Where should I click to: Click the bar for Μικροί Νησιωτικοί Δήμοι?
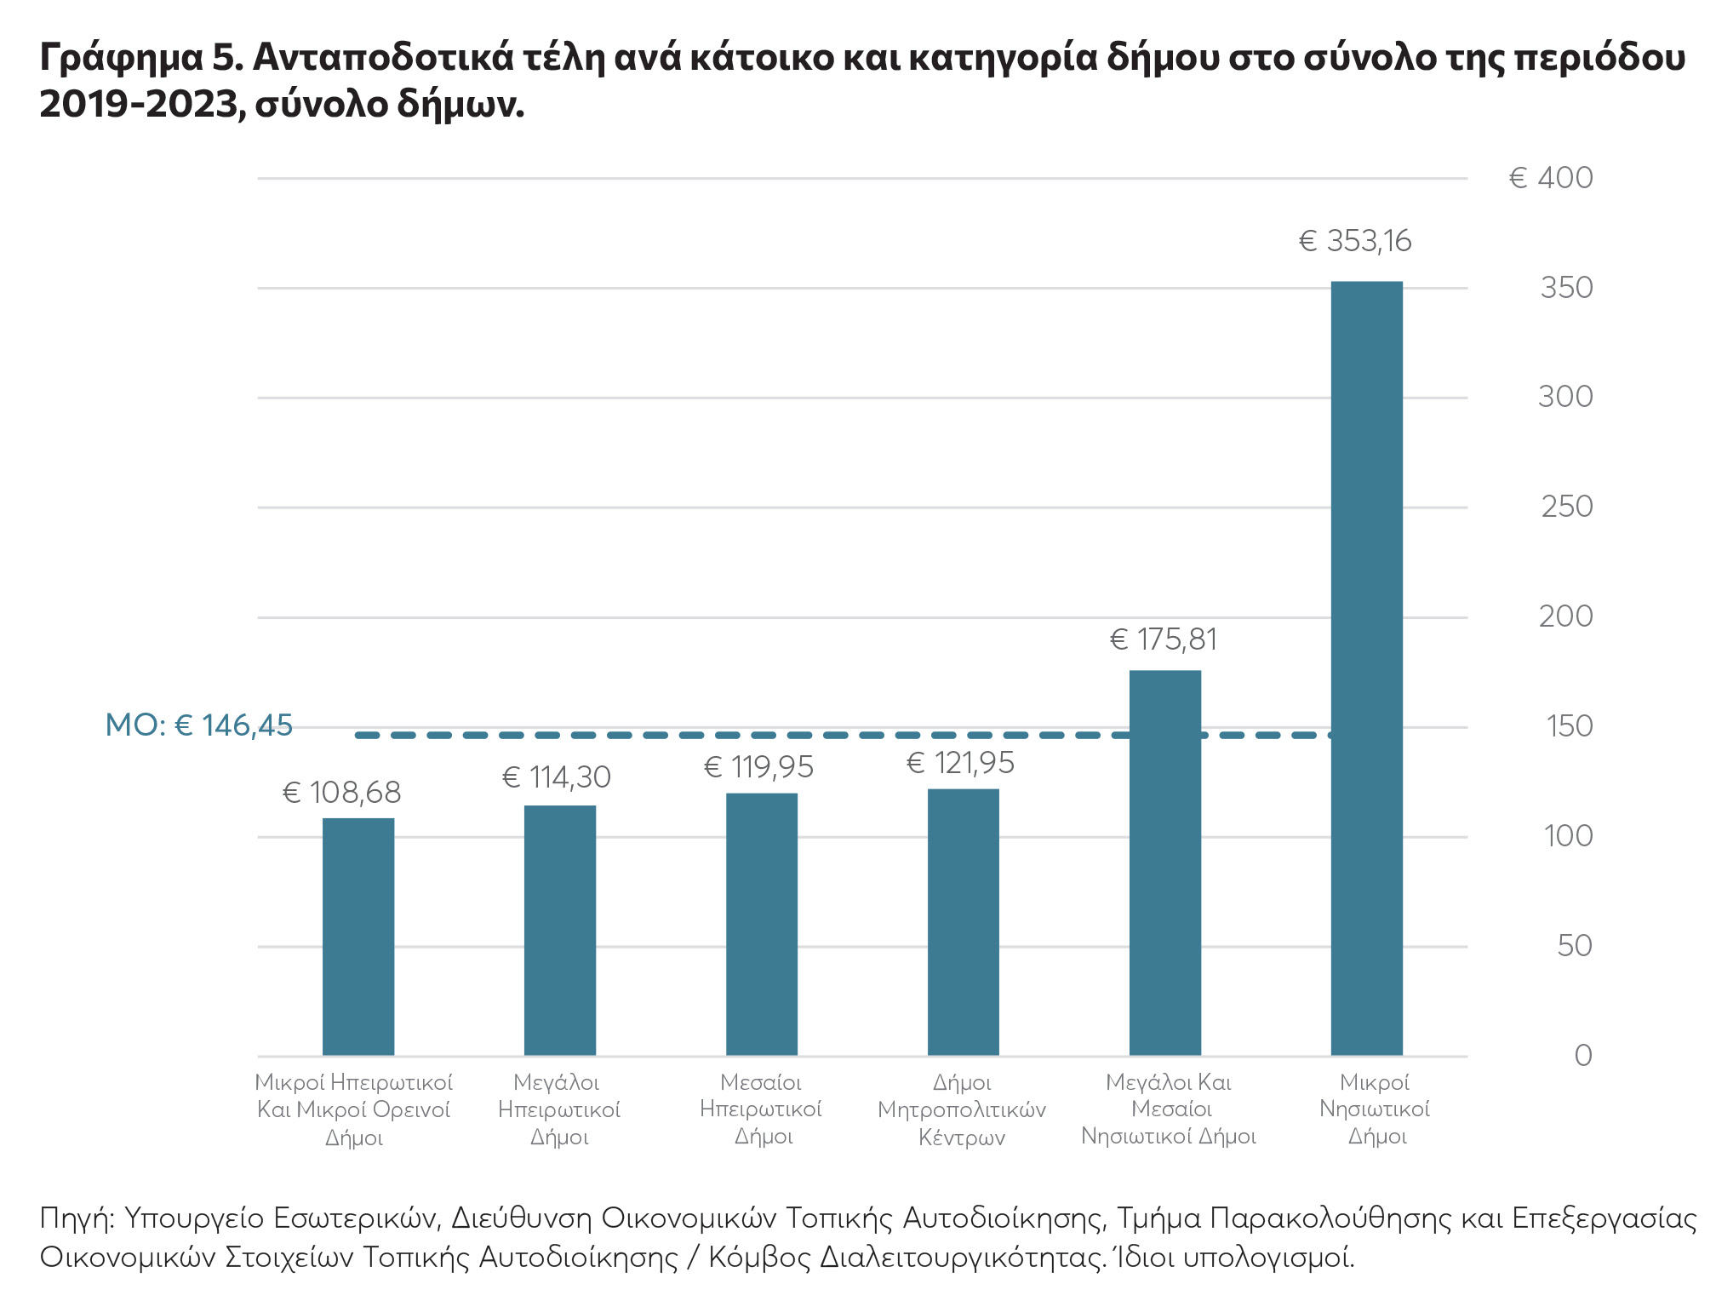tap(1366, 668)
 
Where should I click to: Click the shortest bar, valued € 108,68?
tap(357, 937)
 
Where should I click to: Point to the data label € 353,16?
tap(1355, 242)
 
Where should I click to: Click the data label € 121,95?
tap(960, 763)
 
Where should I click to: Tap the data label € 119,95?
tap(758, 768)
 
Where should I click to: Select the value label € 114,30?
tap(557, 777)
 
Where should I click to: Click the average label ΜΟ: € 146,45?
tap(198, 725)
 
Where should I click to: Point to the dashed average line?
tap(766, 735)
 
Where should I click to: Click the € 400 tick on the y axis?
tap(1550, 178)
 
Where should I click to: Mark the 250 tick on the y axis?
tap(1566, 507)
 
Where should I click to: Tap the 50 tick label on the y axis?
tap(1574, 946)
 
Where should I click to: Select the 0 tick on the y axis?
tap(1582, 1056)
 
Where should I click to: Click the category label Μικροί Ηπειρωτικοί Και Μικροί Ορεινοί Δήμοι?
tap(354, 1109)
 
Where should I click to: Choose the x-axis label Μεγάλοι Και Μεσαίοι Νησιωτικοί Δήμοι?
tap(1169, 1109)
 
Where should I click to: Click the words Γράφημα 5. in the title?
tap(141, 58)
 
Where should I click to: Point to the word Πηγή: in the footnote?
tap(77, 1218)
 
